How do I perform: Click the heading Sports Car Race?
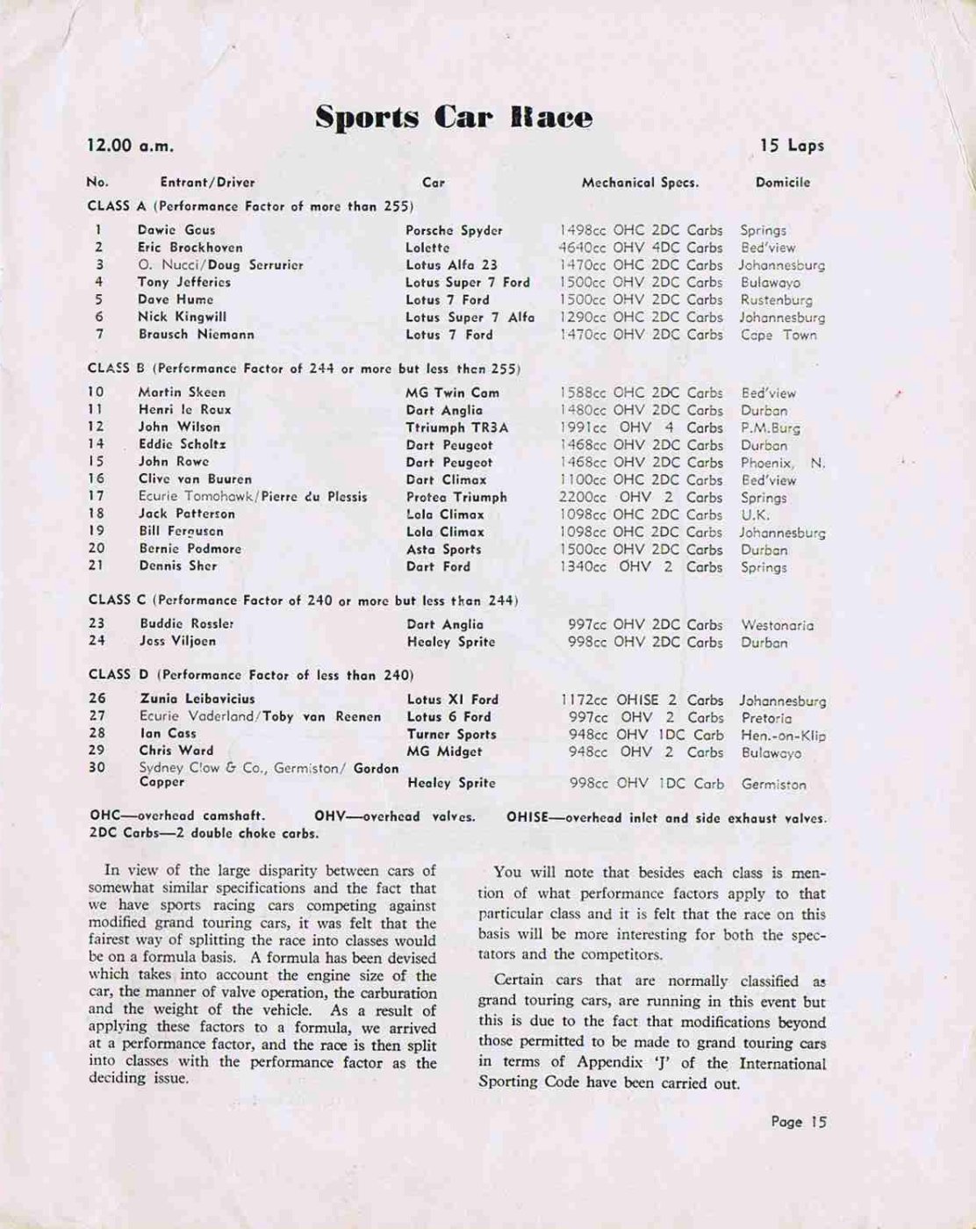tap(454, 118)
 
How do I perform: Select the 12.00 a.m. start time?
tap(130, 146)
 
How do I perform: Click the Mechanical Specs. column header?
tap(640, 183)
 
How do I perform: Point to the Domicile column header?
tap(782, 183)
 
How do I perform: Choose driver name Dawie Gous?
tap(176, 230)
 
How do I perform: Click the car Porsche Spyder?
tap(454, 230)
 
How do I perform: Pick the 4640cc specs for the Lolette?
tap(641, 248)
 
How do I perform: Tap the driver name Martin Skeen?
tap(182, 392)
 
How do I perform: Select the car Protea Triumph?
tap(456, 497)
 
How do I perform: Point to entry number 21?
tap(96, 566)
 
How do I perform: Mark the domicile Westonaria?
tap(777, 626)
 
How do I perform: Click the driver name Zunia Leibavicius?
tap(197, 699)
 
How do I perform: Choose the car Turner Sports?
tap(451, 734)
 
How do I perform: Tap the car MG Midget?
tap(445, 751)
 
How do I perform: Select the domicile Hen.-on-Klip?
tap(783, 735)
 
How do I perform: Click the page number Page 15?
tap(798, 1121)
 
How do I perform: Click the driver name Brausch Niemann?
tap(196, 334)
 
